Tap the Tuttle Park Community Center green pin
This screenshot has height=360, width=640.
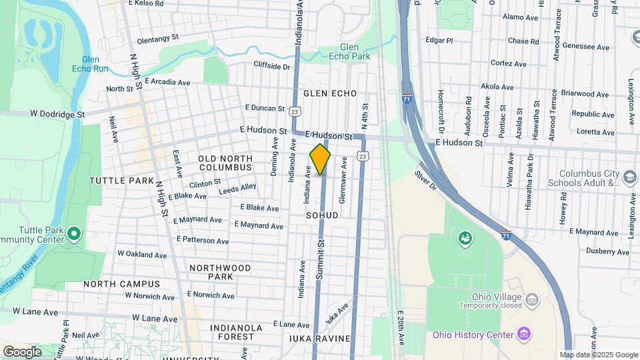pyautogui.click(x=74, y=233)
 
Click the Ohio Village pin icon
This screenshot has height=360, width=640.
pyautogui.click(x=532, y=297)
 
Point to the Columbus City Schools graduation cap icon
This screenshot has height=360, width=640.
pyautogui.click(x=631, y=177)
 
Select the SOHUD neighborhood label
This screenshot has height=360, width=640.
pyautogui.click(x=323, y=215)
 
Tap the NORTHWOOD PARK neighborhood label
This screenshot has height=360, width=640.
pyautogui.click(x=219, y=272)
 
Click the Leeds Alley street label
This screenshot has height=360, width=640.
pyautogui.click(x=238, y=190)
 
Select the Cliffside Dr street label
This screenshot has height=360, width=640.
pyautogui.click(x=272, y=65)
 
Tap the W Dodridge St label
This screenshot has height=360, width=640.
pyautogui.click(x=57, y=114)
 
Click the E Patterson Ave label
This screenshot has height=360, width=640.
pyautogui.click(x=203, y=240)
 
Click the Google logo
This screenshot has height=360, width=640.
pyautogui.click(x=22, y=351)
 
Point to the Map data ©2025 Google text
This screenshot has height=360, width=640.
pyautogui.click(x=598, y=355)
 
